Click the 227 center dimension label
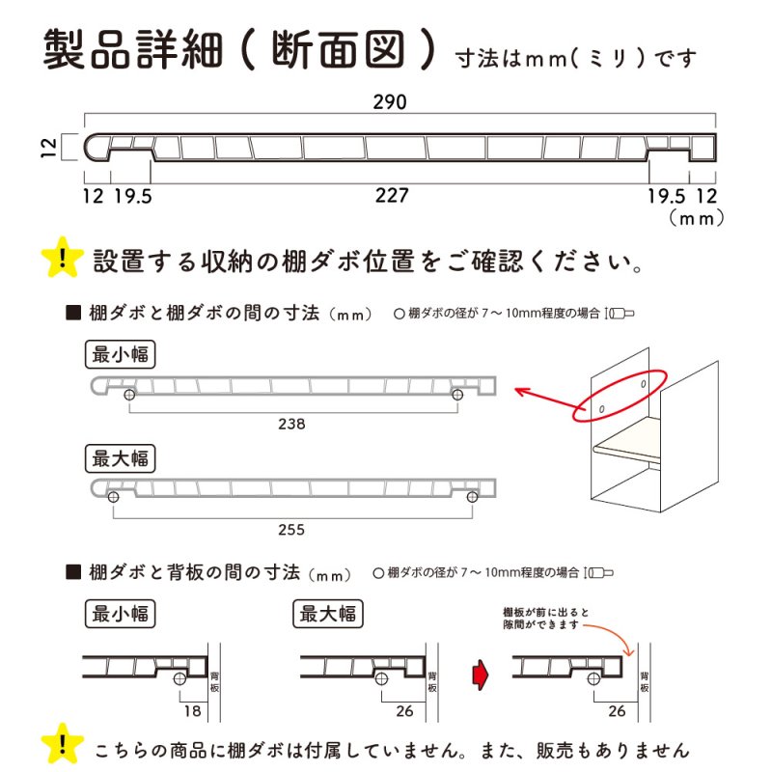392,196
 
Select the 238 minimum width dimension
291,424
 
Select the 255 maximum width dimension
291,529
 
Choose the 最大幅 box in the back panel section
330,613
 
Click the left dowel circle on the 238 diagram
128,395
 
